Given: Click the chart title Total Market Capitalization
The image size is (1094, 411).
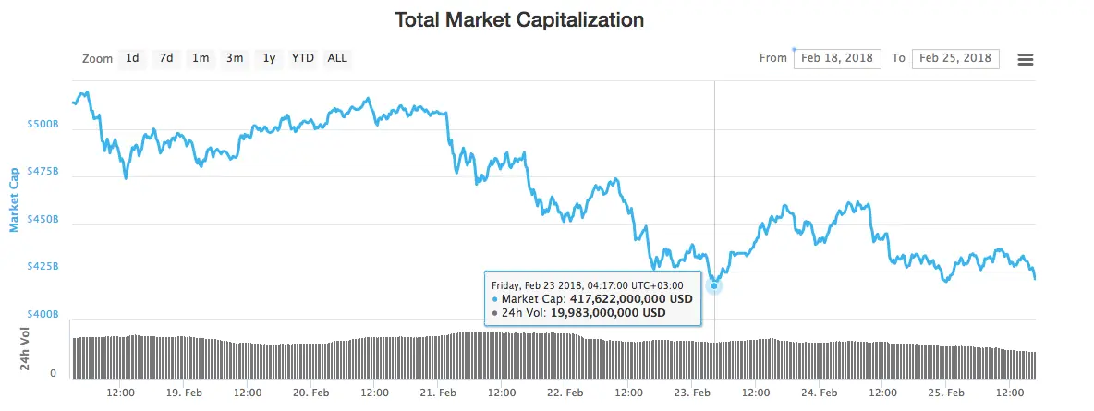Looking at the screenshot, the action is click(x=519, y=19).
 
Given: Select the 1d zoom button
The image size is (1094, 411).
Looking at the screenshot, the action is click(x=132, y=58).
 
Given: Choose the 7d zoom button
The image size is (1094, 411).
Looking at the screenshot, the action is click(x=166, y=58).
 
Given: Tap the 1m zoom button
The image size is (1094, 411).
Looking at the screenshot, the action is click(x=201, y=58).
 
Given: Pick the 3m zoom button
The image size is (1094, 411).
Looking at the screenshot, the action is click(x=235, y=58).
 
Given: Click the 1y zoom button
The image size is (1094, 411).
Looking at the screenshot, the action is click(x=269, y=58).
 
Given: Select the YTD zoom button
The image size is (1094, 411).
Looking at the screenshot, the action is click(x=303, y=58).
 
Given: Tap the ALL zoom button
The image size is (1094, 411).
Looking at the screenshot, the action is click(x=337, y=58).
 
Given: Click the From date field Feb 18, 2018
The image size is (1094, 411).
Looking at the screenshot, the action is click(x=837, y=58).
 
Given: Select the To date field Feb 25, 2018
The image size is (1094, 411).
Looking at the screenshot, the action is click(x=955, y=58).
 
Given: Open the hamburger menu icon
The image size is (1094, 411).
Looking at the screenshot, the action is click(x=1026, y=59).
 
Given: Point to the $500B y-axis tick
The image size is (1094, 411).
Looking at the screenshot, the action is click(x=43, y=124).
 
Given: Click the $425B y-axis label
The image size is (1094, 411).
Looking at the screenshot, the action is click(x=43, y=267).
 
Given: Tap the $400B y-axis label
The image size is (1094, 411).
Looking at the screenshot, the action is click(x=43, y=315).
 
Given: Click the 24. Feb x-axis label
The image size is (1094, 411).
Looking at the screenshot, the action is click(x=819, y=393).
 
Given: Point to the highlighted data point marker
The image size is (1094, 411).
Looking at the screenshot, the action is click(x=713, y=285).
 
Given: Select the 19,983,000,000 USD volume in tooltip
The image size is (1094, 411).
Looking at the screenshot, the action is click(x=607, y=313).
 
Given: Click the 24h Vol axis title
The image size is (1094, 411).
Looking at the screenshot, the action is click(x=24, y=348).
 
